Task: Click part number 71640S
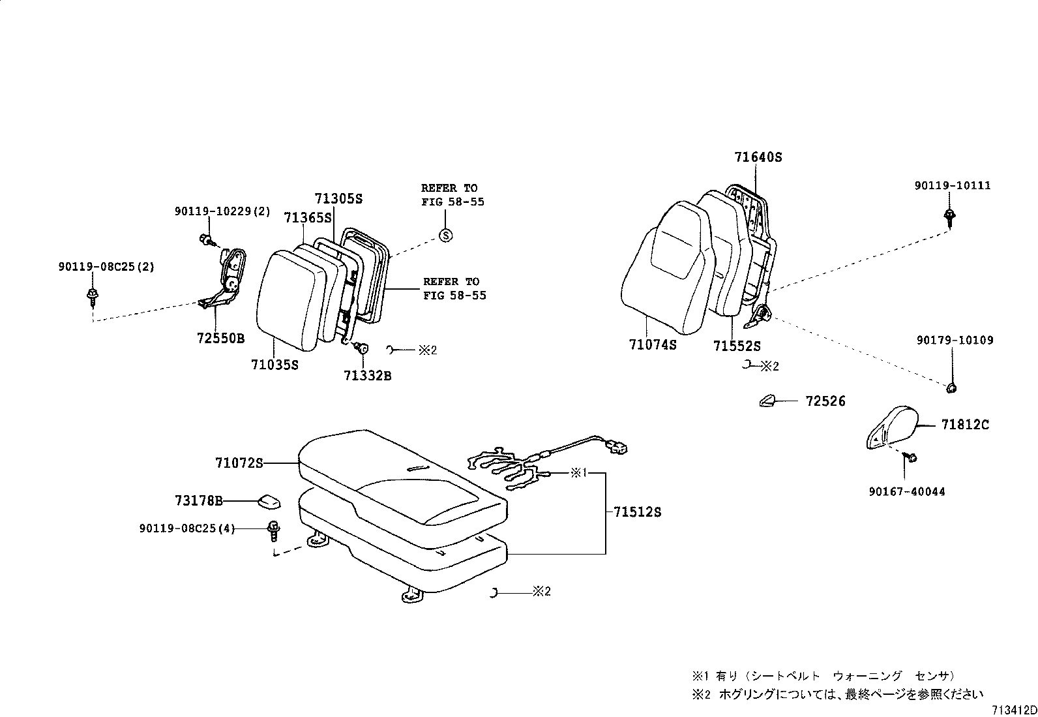[x=758, y=157]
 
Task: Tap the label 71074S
[x=653, y=345]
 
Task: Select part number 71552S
[x=737, y=346]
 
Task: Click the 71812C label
[x=965, y=425]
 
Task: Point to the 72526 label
[x=825, y=401]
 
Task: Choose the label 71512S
[x=637, y=512]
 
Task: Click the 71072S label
[x=239, y=463]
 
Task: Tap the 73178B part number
[x=199, y=501]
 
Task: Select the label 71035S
[x=274, y=365]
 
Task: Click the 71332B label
[x=368, y=375]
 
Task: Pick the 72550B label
[x=220, y=338]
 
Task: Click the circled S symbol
[x=445, y=236]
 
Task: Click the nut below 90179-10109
[x=951, y=388]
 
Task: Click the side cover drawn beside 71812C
[x=891, y=427]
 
